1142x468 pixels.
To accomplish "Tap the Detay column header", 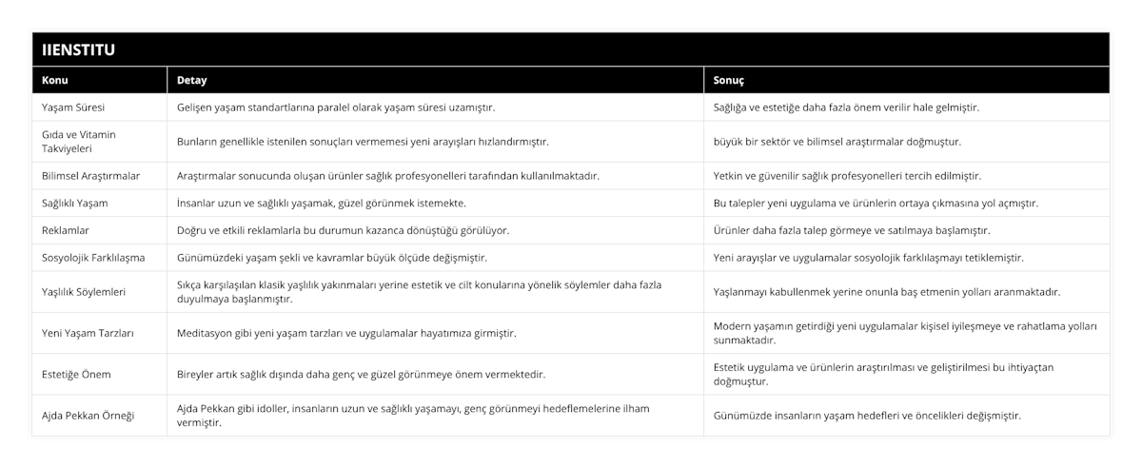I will point(192,81).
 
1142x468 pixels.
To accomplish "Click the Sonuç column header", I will point(729,81).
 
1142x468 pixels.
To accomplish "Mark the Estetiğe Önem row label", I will point(77,374).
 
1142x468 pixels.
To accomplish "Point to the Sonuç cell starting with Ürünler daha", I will point(850,230).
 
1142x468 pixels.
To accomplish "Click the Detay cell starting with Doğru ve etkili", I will point(343,230).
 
